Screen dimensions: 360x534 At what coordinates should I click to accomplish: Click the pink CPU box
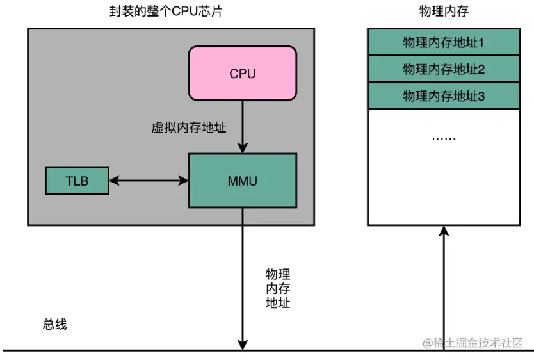pos(242,74)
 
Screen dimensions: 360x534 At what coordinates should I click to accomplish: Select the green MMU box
pos(242,181)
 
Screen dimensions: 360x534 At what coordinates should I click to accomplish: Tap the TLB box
pos(77,181)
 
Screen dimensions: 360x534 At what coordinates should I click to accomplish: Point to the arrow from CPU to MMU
pos(242,125)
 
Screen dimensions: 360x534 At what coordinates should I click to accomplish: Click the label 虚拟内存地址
pos(189,127)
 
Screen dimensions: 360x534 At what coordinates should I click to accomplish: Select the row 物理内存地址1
pos(443,42)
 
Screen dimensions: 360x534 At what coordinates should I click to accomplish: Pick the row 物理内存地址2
pos(443,69)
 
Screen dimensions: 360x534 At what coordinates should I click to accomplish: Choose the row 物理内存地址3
pos(443,95)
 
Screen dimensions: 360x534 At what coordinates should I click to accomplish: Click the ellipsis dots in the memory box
pos(443,138)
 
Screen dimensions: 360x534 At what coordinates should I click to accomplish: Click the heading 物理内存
pos(442,12)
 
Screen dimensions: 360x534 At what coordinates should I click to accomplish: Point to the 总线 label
pos(54,325)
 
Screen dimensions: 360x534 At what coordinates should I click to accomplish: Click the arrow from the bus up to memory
pos(443,288)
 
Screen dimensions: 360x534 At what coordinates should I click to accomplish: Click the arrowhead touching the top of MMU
pos(242,148)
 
